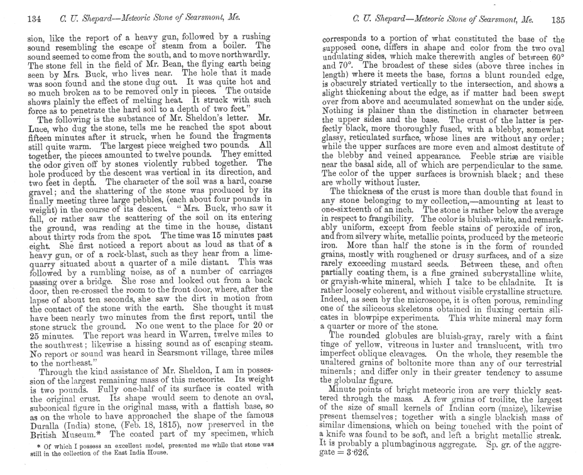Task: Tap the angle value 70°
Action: [x=332, y=65]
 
